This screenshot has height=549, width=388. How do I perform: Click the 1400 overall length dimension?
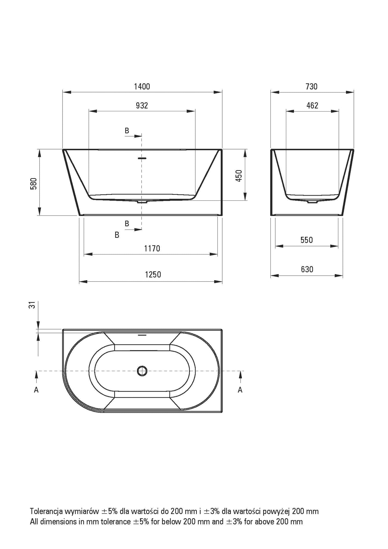142,87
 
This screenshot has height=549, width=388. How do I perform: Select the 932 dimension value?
142,106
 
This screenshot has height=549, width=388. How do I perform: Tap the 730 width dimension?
311,87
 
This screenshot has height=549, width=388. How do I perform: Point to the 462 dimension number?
312,106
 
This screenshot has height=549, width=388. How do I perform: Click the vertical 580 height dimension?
33,184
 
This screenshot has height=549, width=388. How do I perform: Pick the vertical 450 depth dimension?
239,176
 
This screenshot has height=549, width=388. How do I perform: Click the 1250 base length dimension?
153,274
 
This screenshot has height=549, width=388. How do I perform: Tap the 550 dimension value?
307,240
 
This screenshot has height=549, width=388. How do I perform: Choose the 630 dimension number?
307,269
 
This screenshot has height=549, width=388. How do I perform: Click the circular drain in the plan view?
142,371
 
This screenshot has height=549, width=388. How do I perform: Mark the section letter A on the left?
36,390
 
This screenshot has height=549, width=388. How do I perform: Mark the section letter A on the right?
240,390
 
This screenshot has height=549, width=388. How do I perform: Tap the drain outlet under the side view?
312,202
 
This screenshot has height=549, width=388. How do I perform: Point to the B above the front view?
127,131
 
